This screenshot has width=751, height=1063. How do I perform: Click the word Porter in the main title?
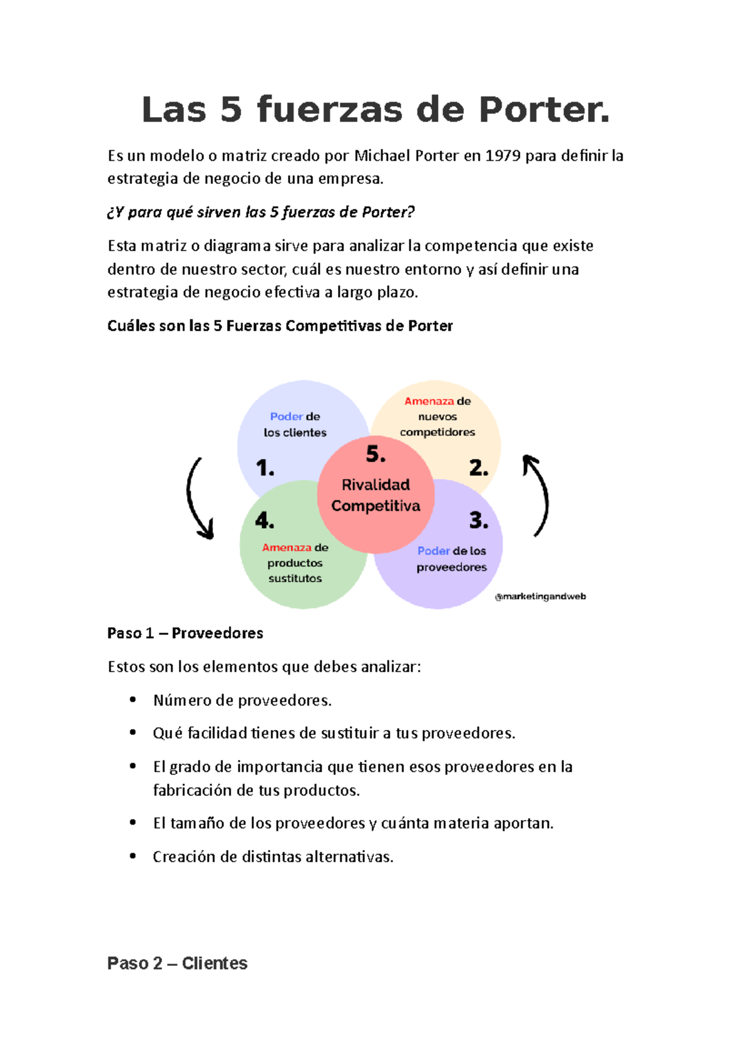(543, 110)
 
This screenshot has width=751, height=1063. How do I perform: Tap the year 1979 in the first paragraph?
(503, 156)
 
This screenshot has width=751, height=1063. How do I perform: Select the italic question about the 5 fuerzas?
(261, 212)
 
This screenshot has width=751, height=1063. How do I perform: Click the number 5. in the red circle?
(375, 454)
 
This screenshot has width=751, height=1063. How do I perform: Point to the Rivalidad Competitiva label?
(375, 495)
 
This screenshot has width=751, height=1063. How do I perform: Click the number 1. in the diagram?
(265, 468)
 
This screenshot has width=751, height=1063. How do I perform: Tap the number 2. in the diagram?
(479, 468)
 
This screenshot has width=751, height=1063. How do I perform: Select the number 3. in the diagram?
(479, 520)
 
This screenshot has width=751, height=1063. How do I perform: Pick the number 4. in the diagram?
(265, 520)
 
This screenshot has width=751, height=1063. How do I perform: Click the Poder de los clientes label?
(295, 424)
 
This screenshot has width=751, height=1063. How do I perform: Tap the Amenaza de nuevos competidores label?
(437, 416)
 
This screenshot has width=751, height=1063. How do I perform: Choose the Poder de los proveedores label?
(452, 559)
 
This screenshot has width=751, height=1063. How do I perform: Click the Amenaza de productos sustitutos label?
(295, 563)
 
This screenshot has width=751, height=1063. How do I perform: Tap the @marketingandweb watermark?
(540, 597)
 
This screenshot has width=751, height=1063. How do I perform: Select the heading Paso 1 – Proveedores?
(185, 634)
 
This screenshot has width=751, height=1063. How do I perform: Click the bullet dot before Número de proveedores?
(133, 700)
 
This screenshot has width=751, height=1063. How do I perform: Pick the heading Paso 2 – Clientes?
(177, 963)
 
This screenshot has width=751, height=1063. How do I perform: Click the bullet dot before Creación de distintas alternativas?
(133, 856)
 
